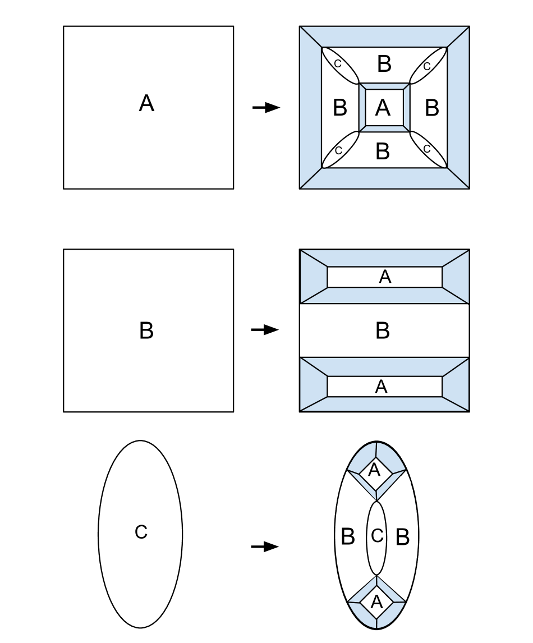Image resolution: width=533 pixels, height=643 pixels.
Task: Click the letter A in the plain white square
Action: (x=146, y=104)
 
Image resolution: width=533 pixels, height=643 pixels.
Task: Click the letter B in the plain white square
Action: (x=146, y=331)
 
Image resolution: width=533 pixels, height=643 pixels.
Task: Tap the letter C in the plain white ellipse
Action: (x=141, y=532)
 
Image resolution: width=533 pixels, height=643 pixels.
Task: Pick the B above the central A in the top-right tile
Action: (x=384, y=64)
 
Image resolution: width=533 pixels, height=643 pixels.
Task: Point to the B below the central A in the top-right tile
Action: (x=383, y=151)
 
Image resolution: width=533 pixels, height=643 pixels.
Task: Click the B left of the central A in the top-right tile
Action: (x=340, y=107)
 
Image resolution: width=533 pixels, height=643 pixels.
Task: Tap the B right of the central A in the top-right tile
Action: (x=431, y=107)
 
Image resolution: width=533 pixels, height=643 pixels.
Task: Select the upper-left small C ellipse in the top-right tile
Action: (x=339, y=65)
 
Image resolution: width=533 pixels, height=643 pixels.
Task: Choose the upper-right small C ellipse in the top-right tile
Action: (x=428, y=66)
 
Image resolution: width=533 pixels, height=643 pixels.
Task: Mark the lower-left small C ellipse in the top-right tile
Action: (x=339, y=150)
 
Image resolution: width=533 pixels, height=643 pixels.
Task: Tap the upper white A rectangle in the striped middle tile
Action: (x=385, y=277)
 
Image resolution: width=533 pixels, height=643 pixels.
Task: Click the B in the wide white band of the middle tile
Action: (x=383, y=331)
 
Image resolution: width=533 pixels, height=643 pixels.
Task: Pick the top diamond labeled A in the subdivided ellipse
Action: (x=375, y=470)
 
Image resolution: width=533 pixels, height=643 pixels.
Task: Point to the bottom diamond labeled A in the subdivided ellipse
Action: (x=376, y=602)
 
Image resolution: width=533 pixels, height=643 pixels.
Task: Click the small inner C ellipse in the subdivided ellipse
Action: (x=376, y=536)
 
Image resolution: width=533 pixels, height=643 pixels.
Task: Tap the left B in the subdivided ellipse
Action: (x=348, y=537)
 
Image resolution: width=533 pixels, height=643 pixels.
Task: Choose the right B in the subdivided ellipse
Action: (x=402, y=537)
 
